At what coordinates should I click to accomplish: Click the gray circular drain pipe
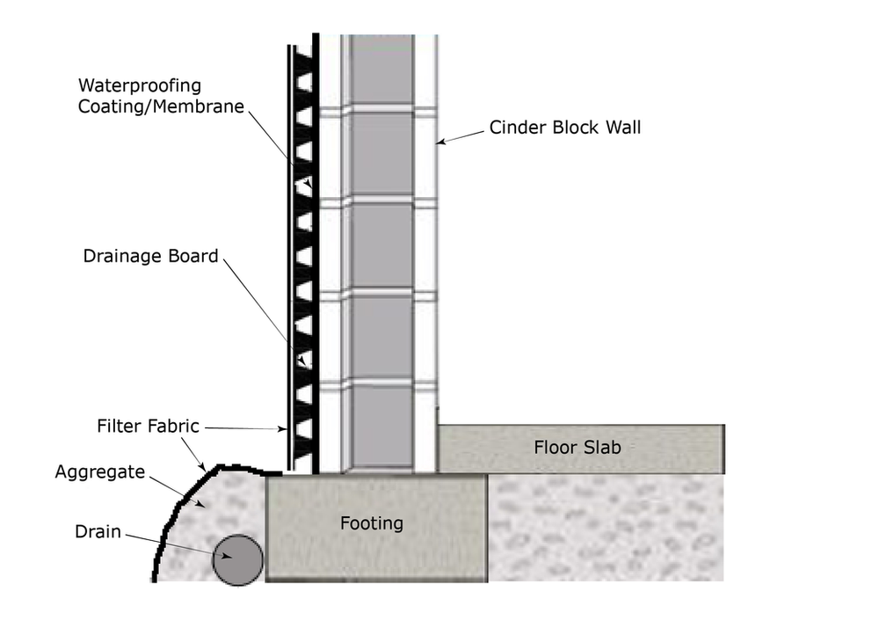(237, 559)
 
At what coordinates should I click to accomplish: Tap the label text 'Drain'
(98, 532)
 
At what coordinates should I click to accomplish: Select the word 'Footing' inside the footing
(372, 523)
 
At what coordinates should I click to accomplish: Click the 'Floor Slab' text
(578, 448)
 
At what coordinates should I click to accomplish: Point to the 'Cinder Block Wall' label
(565, 128)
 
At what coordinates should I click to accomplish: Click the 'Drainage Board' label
(150, 257)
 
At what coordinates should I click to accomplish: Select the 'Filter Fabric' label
(149, 427)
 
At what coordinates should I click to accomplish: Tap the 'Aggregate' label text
(99, 472)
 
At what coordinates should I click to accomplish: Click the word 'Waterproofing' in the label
(140, 86)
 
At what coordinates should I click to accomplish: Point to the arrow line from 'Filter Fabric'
(242, 428)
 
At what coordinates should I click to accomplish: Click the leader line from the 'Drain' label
(176, 544)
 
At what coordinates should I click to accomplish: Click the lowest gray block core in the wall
(381, 427)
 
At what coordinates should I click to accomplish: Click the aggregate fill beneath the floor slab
(607, 528)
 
